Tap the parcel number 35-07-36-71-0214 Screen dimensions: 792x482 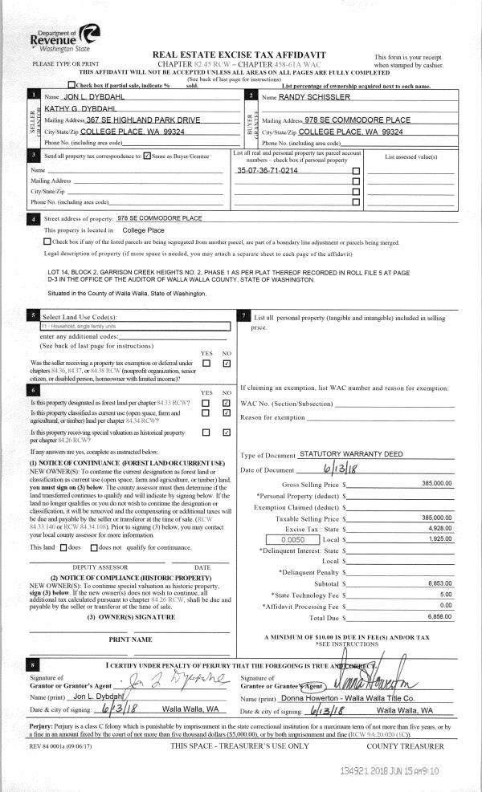[267, 171]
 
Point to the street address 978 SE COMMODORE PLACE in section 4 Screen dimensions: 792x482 [160, 218]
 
